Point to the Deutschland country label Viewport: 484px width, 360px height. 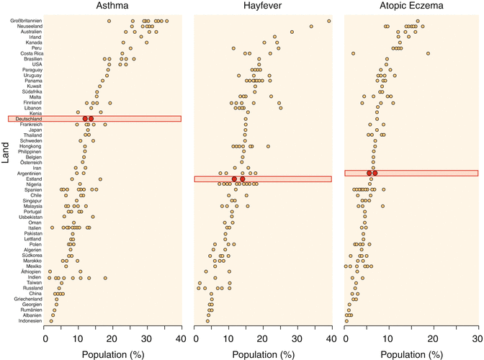point(28,119)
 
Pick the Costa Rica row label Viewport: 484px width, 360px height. point(31,53)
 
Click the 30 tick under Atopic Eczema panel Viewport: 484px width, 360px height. point(478,339)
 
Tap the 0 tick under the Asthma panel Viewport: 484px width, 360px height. point(45,339)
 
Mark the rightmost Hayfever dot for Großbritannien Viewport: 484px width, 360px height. point(328,21)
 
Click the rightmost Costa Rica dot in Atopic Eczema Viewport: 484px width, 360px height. point(428,53)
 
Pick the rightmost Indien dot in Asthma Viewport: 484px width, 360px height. point(105,277)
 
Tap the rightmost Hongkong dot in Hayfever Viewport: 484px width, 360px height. point(268,146)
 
